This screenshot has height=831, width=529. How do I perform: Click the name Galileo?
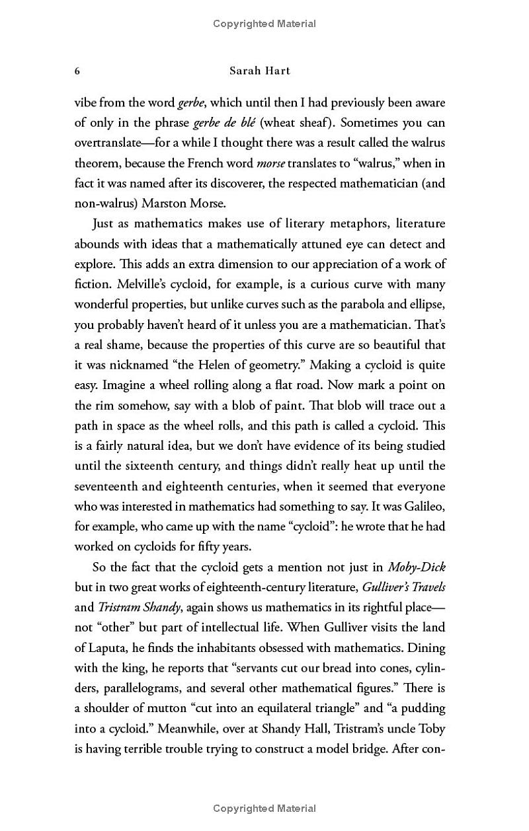click(x=422, y=506)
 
